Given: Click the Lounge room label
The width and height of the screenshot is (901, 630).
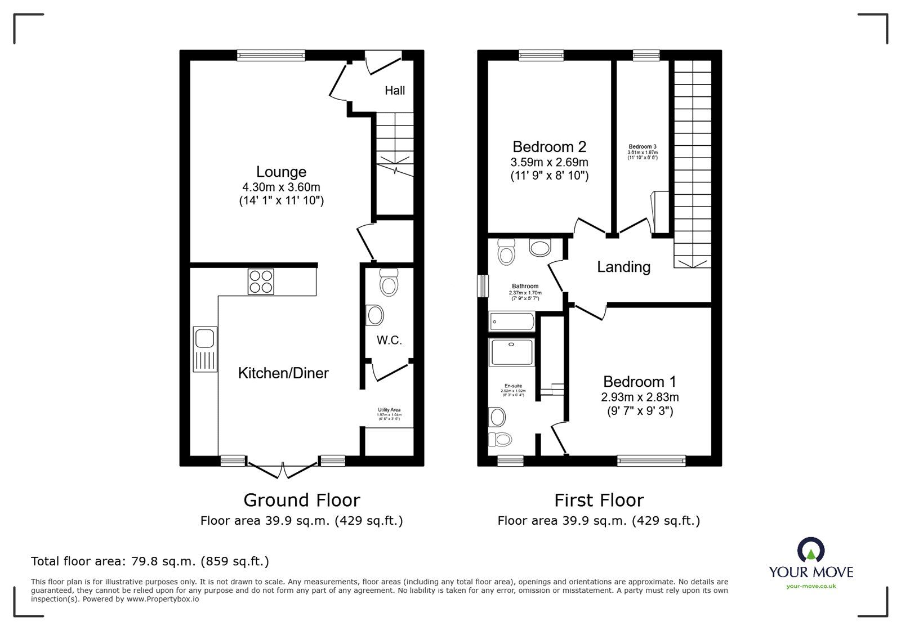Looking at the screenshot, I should click(x=281, y=172).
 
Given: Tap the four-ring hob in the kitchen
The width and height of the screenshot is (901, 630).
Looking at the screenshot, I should click(x=261, y=282).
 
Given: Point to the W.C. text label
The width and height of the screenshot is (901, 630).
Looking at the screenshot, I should click(x=389, y=340).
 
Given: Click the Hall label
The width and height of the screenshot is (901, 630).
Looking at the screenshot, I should click(x=395, y=91).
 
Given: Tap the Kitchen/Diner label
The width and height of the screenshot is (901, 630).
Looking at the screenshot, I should click(x=283, y=373).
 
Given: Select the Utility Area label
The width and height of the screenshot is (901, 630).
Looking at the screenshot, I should click(x=389, y=410).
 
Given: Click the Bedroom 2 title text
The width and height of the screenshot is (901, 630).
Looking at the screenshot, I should click(x=549, y=147).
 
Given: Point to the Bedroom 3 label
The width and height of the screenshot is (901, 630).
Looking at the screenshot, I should click(x=643, y=147).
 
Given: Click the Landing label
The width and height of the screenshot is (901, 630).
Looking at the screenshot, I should click(x=623, y=267).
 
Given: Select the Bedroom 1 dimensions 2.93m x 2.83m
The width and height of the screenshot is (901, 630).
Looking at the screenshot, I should click(x=640, y=397).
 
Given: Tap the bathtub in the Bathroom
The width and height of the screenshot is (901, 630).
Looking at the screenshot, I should click(x=512, y=322).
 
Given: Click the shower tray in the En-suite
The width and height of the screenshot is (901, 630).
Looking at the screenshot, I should click(x=511, y=351).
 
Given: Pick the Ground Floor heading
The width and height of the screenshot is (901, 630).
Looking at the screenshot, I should click(x=301, y=500).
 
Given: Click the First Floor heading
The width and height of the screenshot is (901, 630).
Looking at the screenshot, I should click(x=599, y=500).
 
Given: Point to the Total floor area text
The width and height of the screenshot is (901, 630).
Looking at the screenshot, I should click(x=150, y=561).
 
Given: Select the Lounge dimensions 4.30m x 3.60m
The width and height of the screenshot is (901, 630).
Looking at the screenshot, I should click(x=281, y=187).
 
